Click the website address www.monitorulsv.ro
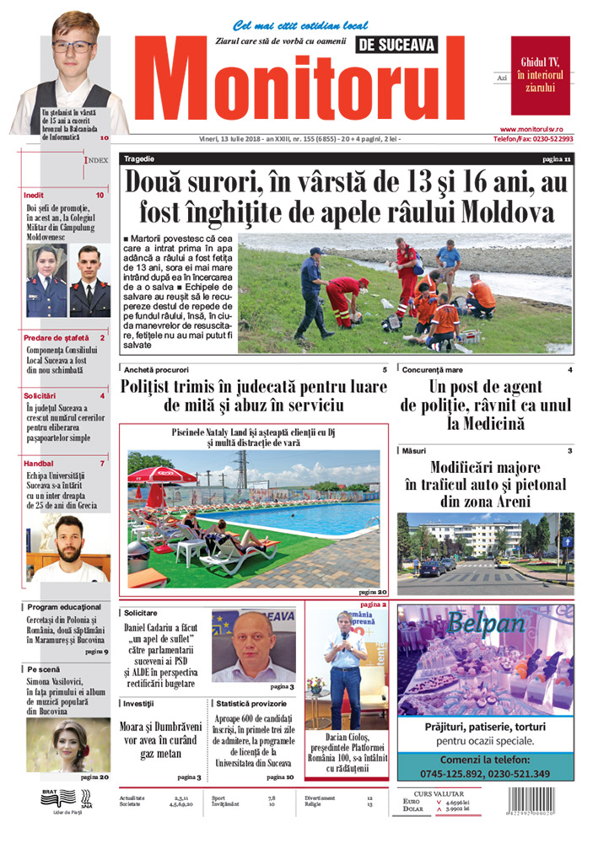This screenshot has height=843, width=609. coord(542,128)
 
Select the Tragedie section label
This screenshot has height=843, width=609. coord(138,158)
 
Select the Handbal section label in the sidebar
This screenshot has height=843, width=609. coord(39,463)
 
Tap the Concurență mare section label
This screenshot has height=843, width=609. coord(439,370)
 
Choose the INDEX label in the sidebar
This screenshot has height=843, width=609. coord(97,159)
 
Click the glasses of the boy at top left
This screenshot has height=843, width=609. coord(72,47)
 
